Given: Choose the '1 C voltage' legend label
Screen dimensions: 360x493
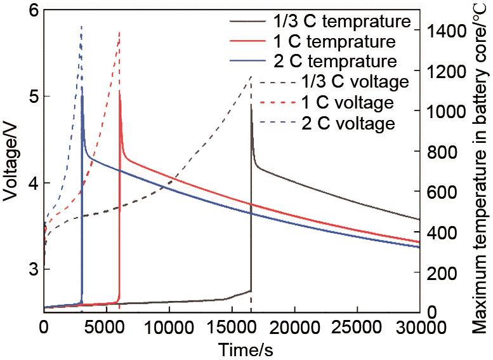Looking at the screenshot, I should [353, 102].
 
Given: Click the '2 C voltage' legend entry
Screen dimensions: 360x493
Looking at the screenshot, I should [353, 123].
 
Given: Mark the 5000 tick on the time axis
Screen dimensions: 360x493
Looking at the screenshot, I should [106, 326].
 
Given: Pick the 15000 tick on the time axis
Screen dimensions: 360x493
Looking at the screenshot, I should [231, 326].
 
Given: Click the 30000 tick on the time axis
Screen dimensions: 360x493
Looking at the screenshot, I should [419, 326].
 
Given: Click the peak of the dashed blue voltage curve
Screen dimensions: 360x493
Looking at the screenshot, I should [81, 27].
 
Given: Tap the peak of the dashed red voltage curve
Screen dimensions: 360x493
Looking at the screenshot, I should [119, 32].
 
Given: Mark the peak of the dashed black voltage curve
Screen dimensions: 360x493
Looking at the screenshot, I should [251, 76].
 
